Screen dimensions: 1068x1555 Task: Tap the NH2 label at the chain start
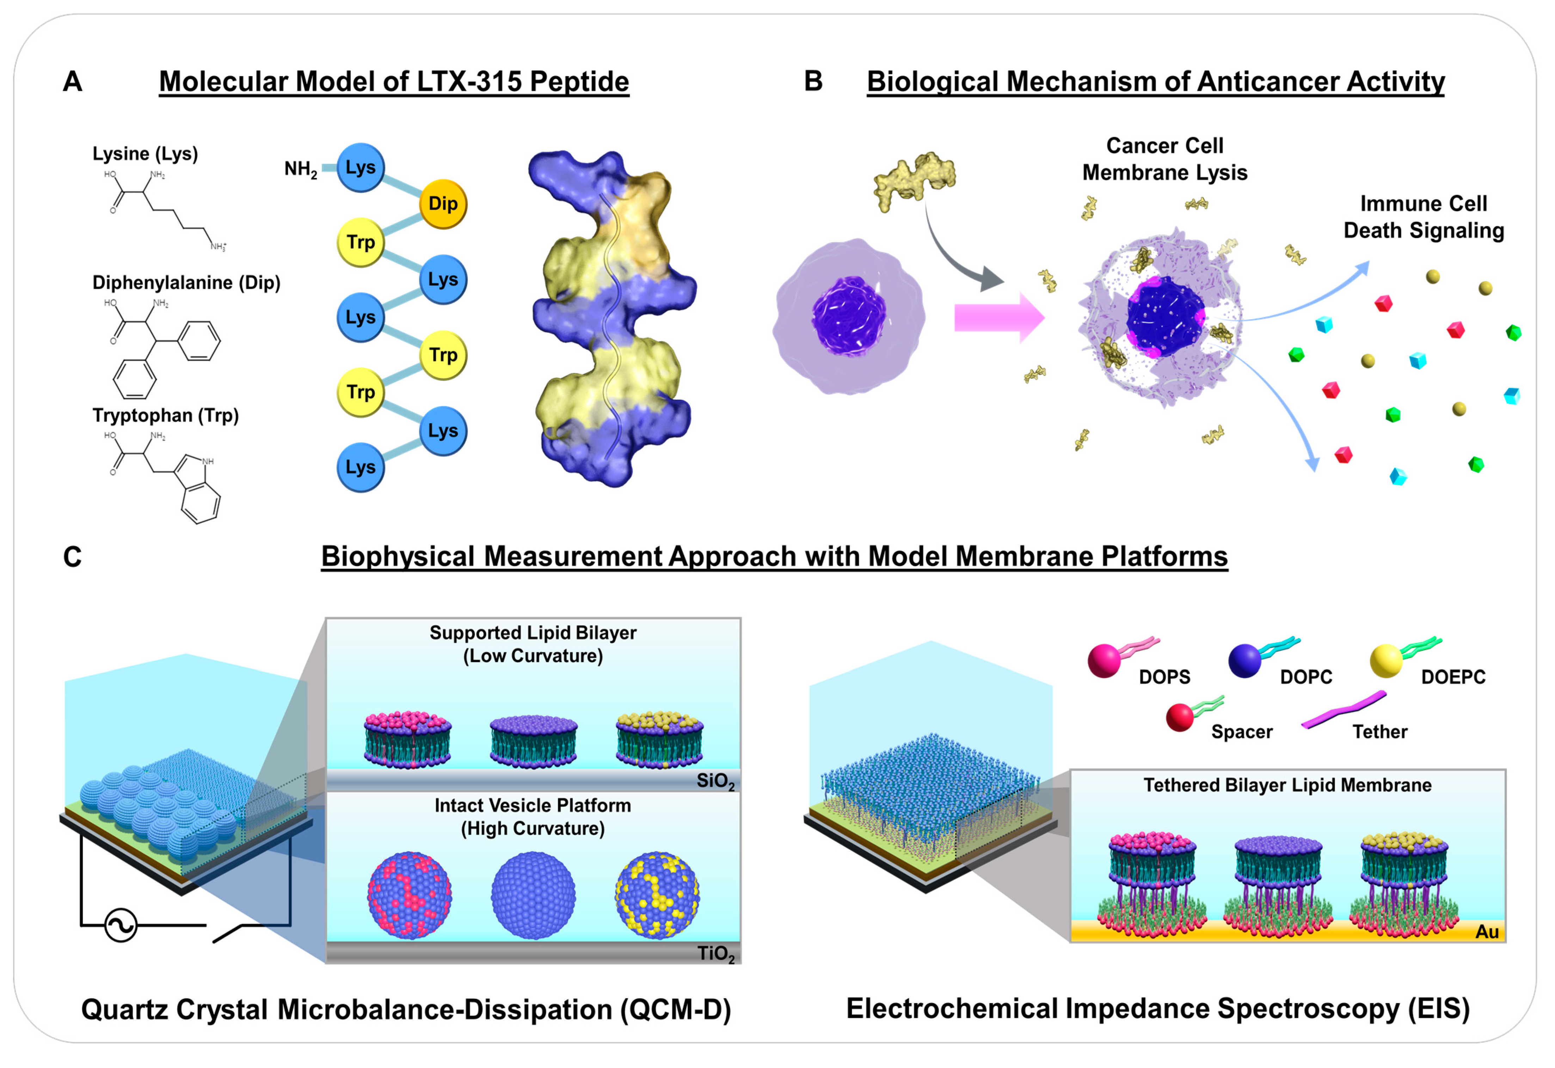pyautogui.click(x=300, y=169)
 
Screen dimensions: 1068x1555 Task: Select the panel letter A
pyautogui.click(x=72, y=82)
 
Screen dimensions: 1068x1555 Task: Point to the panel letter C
pyautogui.click(x=72, y=557)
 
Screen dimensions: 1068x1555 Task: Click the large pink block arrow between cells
pyautogui.click(x=998, y=318)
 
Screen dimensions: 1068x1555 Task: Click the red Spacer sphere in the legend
pyautogui.click(x=1180, y=718)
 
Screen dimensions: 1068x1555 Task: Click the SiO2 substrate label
pyautogui.click(x=715, y=781)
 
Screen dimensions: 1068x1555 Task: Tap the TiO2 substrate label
pyautogui.click(x=715, y=953)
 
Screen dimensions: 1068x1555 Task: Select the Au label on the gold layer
pyautogui.click(x=1487, y=932)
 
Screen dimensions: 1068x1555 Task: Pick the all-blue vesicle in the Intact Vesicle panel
pyautogui.click(x=533, y=895)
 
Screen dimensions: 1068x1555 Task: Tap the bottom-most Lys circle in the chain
pyautogui.click(x=361, y=467)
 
